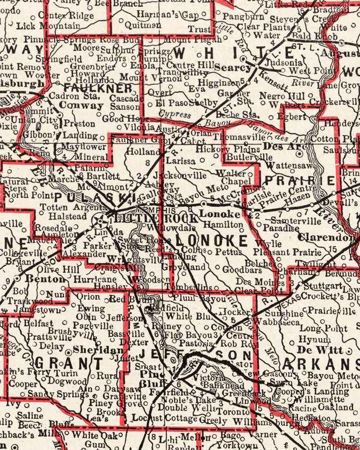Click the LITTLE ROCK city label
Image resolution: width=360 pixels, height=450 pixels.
pos(157,219)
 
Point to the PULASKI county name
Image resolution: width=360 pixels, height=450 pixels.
pos(95,198)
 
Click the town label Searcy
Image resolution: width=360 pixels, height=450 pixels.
pos(233,67)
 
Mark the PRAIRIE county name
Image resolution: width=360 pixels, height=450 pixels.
pos(300,181)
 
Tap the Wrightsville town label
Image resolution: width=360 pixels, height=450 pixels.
pos(129,260)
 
